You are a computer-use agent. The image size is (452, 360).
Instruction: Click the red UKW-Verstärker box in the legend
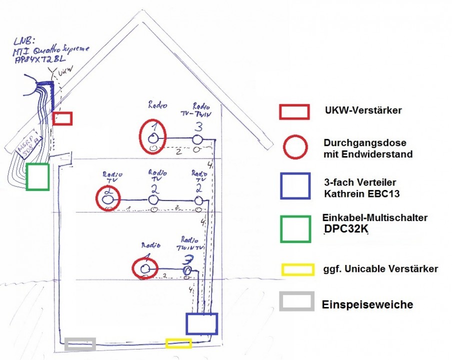[294, 111]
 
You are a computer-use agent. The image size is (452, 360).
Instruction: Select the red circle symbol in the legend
[294, 147]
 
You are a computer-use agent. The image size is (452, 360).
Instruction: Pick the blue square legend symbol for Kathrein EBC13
[294, 186]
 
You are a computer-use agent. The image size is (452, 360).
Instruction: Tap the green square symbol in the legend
[294, 228]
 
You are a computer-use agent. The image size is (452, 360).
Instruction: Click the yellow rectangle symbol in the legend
[297, 269]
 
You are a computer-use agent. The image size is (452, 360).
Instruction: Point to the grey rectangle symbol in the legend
[297, 301]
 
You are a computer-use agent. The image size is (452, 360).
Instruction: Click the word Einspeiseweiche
[367, 304]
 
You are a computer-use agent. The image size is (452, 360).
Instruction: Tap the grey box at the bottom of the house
[80, 343]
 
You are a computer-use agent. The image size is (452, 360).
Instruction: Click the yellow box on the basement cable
[178, 343]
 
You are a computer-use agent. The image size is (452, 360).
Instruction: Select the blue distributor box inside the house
[202, 323]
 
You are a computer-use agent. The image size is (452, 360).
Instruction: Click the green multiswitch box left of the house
[37, 176]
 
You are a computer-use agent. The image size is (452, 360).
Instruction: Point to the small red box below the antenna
[62, 118]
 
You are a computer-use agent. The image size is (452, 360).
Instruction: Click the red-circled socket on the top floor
[154, 135]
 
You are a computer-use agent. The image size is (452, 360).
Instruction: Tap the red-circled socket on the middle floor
[107, 198]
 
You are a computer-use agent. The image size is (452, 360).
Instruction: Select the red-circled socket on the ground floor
[145, 268]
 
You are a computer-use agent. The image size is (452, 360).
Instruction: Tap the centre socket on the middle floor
[154, 199]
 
